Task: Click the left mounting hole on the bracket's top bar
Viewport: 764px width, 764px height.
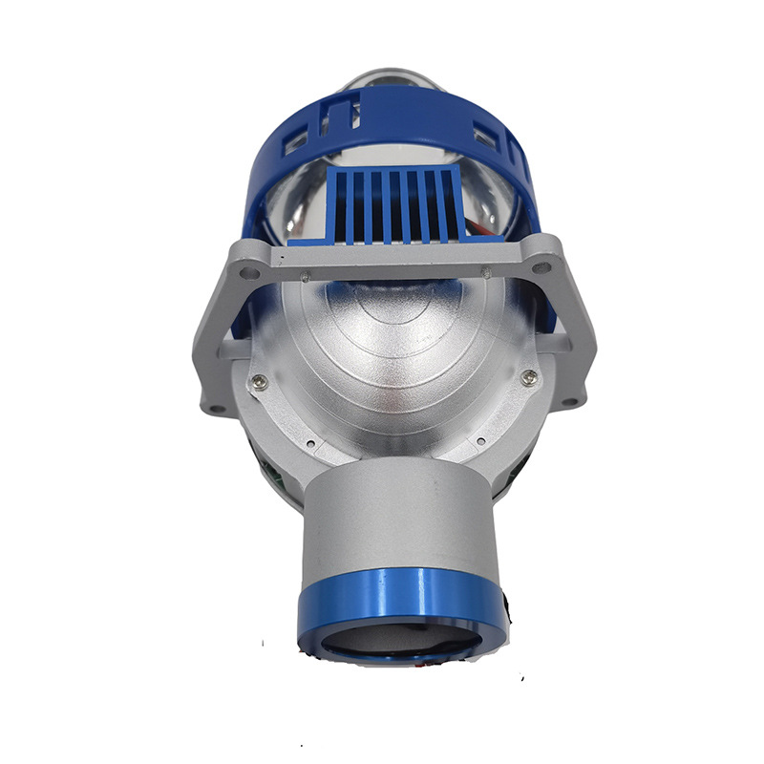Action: coord(248,274)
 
